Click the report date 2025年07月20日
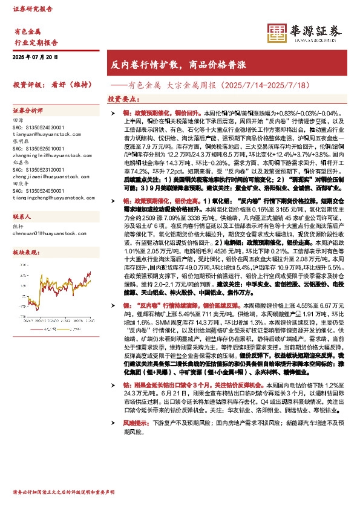click(35, 56)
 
